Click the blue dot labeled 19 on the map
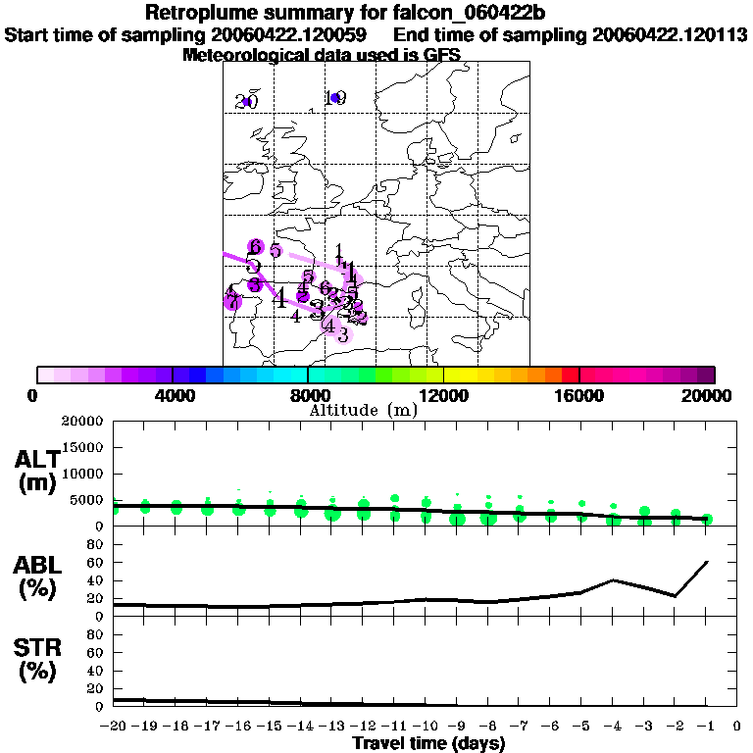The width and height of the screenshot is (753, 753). [x=334, y=97]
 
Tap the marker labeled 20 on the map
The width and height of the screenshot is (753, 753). [x=246, y=102]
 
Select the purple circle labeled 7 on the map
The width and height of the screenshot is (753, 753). [x=232, y=302]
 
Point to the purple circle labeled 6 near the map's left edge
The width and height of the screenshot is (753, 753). [x=255, y=247]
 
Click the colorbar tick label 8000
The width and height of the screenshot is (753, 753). [x=308, y=396]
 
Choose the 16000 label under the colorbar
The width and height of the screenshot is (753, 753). [x=579, y=396]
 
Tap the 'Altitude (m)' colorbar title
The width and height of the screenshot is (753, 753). [x=362, y=410]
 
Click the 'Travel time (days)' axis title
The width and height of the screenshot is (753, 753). [x=428, y=743]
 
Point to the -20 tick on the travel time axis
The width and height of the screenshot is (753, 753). [x=115, y=727]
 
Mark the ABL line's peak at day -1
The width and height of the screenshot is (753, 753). [x=707, y=562]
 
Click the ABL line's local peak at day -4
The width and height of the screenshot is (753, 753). [x=613, y=579]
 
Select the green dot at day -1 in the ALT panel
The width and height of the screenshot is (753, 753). [x=707, y=519]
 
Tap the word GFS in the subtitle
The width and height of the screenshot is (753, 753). [x=439, y=55]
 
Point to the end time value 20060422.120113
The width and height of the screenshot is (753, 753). [x=670, y=35]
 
